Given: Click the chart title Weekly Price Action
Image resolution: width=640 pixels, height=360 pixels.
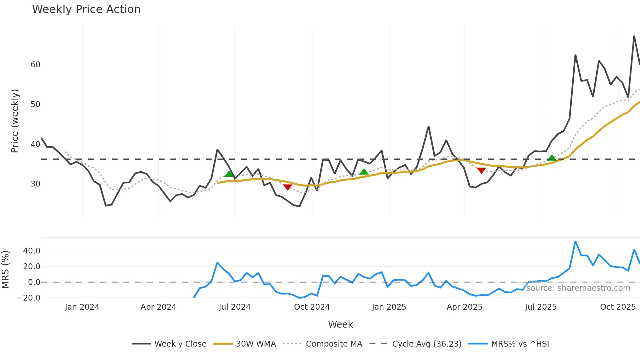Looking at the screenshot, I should click(x=86, y=9).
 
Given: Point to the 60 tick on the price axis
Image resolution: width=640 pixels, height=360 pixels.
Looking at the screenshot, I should click(x=35, y=65).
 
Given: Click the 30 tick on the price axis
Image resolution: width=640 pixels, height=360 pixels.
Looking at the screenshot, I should click(x=35, y=184).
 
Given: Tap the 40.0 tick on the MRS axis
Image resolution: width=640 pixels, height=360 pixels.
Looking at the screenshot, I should click(x=32, y=251).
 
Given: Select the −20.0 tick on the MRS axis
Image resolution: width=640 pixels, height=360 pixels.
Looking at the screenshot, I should click(x=29, y=298).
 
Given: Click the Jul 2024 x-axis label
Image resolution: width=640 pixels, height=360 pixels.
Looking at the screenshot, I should click(x=234, y=307).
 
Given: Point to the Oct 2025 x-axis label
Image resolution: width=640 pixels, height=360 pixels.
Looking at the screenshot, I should click(x=618, y=307).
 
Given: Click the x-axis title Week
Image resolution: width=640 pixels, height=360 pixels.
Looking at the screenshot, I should click(x=340, y=324).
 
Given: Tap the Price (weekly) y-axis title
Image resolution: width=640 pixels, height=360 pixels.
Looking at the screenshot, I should click(x=15, y=121).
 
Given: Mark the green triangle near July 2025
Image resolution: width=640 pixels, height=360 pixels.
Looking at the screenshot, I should click(x=552, y=158).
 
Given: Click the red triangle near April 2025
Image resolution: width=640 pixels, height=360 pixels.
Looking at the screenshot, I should click(x=481, y=170).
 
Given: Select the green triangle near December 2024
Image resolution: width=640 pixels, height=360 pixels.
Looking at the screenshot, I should click(x=364, y=172).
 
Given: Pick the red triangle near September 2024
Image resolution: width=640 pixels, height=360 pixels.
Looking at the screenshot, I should click(x=287, y=187).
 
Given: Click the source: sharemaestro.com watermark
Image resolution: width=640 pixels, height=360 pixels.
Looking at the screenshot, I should click(x=578, y=288).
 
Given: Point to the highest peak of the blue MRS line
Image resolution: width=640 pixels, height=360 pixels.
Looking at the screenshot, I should click(x=575, y=242).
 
